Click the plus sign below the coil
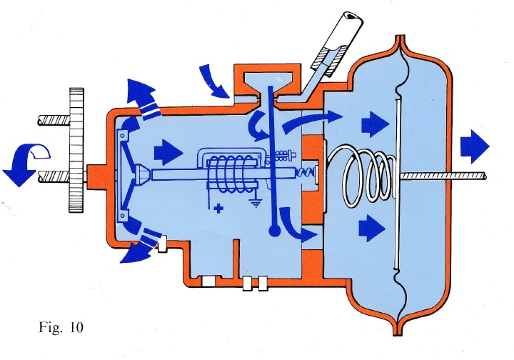(x=216, y=209)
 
